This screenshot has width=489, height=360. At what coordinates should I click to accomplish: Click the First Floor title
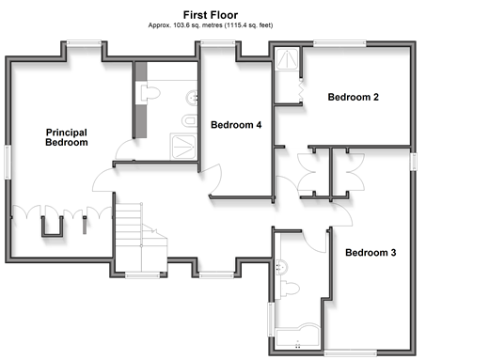coord(211,15)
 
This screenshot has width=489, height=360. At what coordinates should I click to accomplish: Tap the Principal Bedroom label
coord(67,137)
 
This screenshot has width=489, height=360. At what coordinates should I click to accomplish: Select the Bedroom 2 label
coord(354,97)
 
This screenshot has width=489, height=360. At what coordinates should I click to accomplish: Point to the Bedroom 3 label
coord(371,253)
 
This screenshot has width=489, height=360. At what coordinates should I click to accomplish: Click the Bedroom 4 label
coord(236,125)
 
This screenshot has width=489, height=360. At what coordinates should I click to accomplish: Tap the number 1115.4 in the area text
coord(236,25)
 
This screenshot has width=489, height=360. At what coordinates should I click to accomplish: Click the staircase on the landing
coord(141,237)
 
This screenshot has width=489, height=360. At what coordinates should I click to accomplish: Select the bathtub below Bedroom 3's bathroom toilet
coord(297,337)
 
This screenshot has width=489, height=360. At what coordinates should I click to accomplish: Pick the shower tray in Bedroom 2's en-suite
coord(287,58)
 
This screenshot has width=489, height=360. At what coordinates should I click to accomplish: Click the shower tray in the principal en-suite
coord(183,147)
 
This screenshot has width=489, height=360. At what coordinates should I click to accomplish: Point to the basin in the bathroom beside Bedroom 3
coord(281,267)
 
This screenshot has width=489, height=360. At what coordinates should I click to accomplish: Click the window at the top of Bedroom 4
coord(218,43)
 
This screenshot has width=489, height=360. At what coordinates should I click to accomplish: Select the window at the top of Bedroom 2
coord(339,43)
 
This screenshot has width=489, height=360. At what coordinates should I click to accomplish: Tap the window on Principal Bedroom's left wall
coord(8,163)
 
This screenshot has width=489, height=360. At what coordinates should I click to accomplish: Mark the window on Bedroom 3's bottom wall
coord(350,352)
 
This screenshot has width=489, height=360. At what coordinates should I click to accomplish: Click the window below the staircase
coord(143,275)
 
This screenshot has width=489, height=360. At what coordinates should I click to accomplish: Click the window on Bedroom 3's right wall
coord(414,162)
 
